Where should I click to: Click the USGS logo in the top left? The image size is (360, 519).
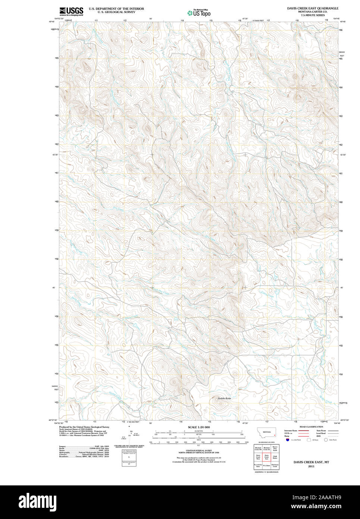pyautogui.click(x=71, y=11)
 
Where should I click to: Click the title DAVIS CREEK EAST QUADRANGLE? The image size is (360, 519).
pyautogui.click(x=313, y=8)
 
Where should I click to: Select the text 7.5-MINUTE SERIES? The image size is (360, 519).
pyautogui.click(x=313, y=15)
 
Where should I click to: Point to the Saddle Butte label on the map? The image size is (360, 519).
pyautogui.click(x=224, y=398)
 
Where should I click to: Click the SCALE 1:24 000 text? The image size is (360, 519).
pyautogui.click(x=198, y=427)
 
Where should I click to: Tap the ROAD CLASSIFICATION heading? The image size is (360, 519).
pyautogui.click(x=311, y=426)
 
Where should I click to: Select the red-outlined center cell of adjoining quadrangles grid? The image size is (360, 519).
pyautogui.click(x=266, y=457)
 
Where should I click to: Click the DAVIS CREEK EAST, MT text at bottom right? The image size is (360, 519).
pyautogui.click(x=311, y=462)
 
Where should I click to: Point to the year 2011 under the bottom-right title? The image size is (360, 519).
pyautogui.click(x=311, y=466)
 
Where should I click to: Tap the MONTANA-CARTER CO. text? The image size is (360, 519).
pyautogui.click(x=313, y=12)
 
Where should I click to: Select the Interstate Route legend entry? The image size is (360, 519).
pyautogui.click(x=291, y=431)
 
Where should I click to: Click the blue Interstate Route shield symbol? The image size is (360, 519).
pyautogui.click(x=288, y=440)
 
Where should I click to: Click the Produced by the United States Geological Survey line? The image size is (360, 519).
pyautogui.click(x=84, y=427)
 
